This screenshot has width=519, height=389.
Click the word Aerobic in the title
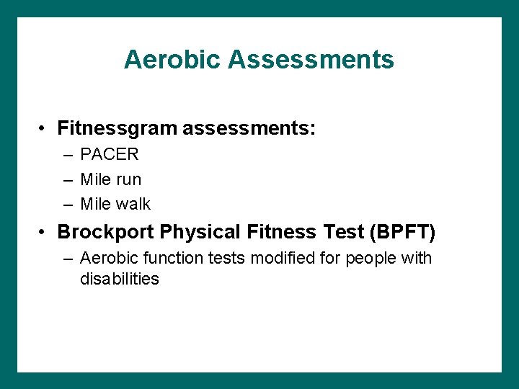click(x=173, y=59)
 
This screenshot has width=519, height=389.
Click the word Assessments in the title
click(x=311, y=59)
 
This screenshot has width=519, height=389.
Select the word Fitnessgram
click(x=117, y=129)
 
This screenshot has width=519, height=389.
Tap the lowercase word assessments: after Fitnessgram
click(x=249, y=129)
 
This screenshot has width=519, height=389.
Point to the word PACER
click(x=110, y=154)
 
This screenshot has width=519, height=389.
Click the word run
click(x=129, y=179)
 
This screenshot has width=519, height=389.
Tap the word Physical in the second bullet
click(x=200, y=233)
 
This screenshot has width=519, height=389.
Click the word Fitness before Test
click(x=282, y=233)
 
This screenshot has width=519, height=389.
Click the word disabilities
click(x=120, y=279)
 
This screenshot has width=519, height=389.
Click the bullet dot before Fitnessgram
click(x=45, y=130)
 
